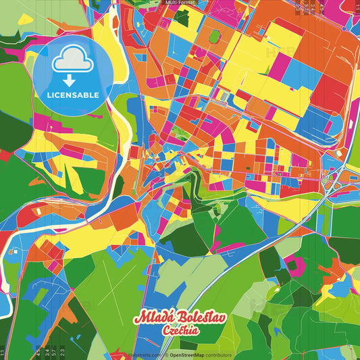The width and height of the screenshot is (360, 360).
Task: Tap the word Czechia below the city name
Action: [x=180, y=330]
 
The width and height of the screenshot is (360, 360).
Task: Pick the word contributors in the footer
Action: [x=217, y=355]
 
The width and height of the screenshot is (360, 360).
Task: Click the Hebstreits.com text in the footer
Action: [x=145, y=355]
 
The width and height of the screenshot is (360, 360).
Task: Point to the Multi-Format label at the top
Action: [x=180, y=3]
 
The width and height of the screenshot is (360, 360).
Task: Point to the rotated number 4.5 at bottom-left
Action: [x=38, y=350]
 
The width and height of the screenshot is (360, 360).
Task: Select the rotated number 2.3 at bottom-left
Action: [x=63, y=350]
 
